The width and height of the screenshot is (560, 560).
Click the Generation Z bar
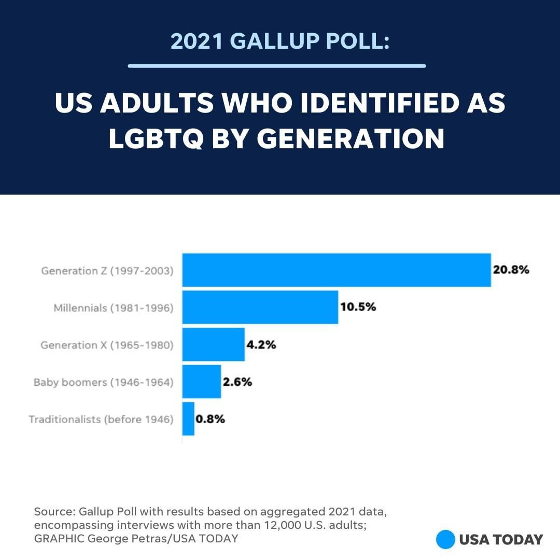[336, 270]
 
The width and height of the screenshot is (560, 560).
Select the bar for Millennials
[260, 307]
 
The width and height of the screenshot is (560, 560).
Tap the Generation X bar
[213, 344]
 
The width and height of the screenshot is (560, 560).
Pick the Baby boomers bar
[201, 382]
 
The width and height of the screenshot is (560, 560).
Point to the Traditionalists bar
[188, 419]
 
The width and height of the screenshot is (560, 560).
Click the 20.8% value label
[511, 270]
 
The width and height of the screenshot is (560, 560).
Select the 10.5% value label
[358, 307]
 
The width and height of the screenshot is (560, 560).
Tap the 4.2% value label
[261, 345]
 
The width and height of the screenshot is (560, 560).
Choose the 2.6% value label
[237, 382]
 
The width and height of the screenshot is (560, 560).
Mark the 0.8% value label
[211, 419]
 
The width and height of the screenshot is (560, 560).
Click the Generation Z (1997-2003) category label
[107, 271]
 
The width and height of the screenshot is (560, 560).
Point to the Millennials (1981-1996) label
[114, 308]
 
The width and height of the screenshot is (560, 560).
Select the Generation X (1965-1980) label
[107, 345]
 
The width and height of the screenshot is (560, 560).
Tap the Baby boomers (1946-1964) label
[104, 382]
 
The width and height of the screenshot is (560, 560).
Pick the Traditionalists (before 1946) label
[101, 419]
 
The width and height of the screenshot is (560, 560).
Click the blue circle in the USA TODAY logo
[445, 539]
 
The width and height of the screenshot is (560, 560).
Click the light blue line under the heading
[277, 66]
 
